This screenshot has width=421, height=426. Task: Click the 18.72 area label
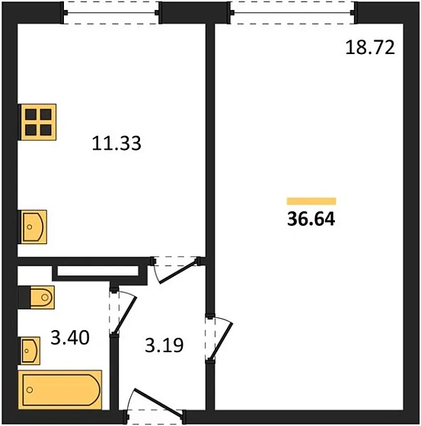370,47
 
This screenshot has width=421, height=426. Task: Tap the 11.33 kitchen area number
116,143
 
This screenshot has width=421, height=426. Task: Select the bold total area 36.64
311,219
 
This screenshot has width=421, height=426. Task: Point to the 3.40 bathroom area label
70,338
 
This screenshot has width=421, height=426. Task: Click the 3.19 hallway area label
164,345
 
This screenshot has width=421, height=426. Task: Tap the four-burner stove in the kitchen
38,122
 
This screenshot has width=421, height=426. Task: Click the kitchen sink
33,227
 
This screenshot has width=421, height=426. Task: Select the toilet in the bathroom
42,297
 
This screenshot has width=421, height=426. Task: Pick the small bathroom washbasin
30,351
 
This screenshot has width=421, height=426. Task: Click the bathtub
60,389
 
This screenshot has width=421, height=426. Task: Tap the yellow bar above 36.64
311,201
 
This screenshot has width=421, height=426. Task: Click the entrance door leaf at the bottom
157,402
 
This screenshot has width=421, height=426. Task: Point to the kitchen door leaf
177,272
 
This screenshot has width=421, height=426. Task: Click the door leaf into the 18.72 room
222,341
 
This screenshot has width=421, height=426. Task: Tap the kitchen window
111,12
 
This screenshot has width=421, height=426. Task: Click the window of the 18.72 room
292,12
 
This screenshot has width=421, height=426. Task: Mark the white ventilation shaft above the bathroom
98,271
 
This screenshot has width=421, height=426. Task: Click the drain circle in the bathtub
30,390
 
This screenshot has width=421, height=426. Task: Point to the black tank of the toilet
24,297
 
